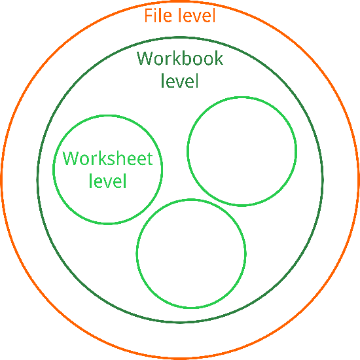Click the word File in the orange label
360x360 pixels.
coord(158,16)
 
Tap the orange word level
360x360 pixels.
coord(197,16)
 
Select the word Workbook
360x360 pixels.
coord(180,58)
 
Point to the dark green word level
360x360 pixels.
coord(179,81)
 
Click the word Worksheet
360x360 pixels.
coord(108,158)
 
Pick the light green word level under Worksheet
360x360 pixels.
coord(108,181)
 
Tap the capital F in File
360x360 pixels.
coord(149,16)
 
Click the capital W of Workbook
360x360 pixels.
coord(145,58)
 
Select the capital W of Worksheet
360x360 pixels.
coord(71,158)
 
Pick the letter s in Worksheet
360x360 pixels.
coord(109,160)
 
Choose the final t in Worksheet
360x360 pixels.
coord(150,159)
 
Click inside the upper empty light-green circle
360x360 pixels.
coord(242,151)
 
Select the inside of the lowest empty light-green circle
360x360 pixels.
coord(191,253)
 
